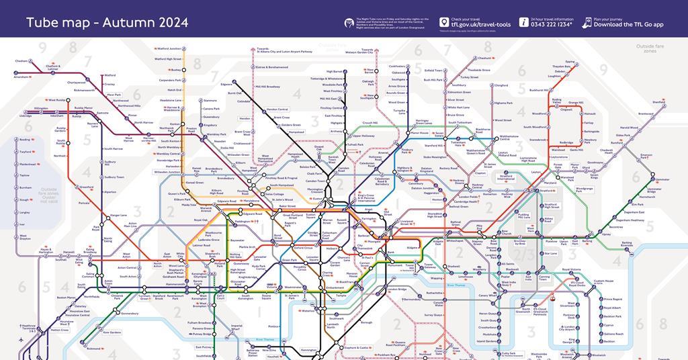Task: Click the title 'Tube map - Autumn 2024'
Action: point(107,23)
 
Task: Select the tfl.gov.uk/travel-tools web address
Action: point(480,25)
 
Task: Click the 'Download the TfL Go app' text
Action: point(628,25)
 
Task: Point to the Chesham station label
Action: point(21,60)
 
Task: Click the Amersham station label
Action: point(21,77)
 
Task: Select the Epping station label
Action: point(570,62)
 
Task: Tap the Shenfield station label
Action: point(658,102)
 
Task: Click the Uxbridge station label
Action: point(26,116)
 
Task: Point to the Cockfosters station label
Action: point(397,66)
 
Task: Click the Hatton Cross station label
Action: point(60,330)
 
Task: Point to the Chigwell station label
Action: point(566,109)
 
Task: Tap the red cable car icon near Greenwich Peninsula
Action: point(552,298)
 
